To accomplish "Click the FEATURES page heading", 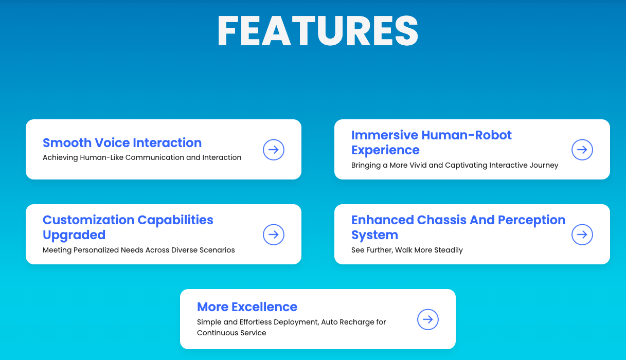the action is tap(318, 30).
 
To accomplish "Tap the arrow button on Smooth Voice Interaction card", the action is tap(274, 150).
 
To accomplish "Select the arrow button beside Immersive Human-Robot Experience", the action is tap(582, 150).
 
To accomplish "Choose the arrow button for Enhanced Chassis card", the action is tap(582, 235).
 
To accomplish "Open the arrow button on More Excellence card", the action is tap(428, 319).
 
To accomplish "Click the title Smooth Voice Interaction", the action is tap(122, 143).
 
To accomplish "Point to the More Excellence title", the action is tap(247, 307).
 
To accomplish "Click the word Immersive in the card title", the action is tap(385, 135).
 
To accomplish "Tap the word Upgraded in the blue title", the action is tap(74, 236).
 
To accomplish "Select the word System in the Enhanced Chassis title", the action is tap(374, 236).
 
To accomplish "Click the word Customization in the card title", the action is tap(88, 220).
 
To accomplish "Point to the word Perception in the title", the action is tap(532, 221).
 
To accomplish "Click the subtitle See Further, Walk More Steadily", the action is tap(407, 250).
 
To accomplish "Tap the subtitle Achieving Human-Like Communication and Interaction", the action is tap(142, 157).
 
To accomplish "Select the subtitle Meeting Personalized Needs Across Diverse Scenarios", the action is tap(138, 250).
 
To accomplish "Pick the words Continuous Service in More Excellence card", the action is tap(231, 333).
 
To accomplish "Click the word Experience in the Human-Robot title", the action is tap(385, 151).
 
